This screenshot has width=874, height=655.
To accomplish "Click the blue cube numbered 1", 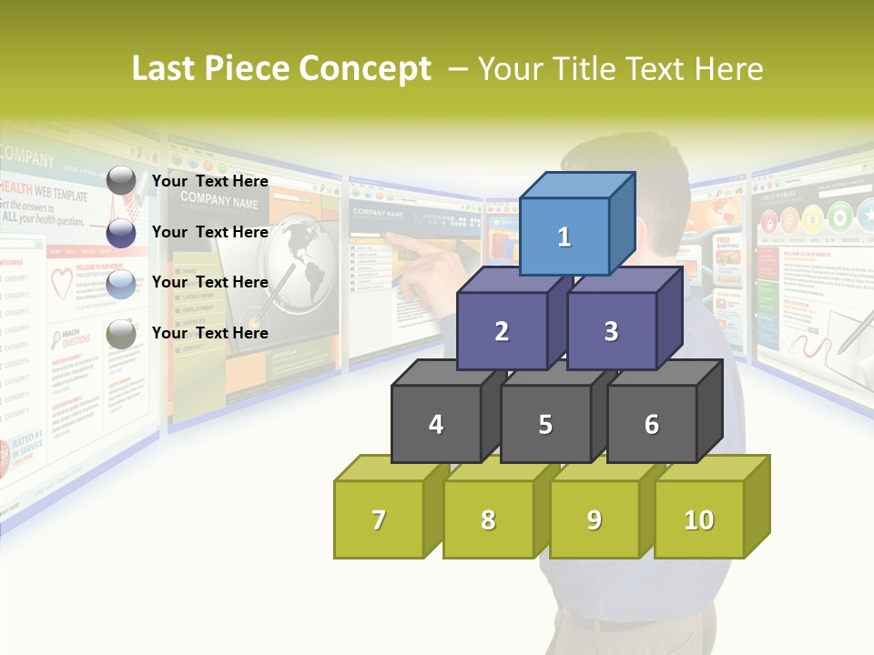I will pyautogui.click(x=564, y=237).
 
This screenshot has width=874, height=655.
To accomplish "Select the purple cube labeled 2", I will pyautogui.click(x=502, y=332).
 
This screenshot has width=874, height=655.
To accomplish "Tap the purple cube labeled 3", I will pyautogui.click(x=611, y=332).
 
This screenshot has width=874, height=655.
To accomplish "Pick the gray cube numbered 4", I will pyautogui.click(x=436, y=425).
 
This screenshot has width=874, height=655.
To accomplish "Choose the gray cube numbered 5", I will pyautogui.click(x=545, y=425).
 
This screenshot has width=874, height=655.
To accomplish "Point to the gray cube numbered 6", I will pyautogui.click(x=652, y=425).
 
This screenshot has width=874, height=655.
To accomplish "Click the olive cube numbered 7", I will pyautogui.click(x=379, y=520).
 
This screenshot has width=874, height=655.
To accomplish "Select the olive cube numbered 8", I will pyautogui.click(x=488, y=520).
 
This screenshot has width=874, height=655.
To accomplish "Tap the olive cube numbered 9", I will pyautogui.click(x=595, y=520).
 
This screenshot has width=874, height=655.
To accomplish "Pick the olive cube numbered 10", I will pyautogui.click(x=699, y=520).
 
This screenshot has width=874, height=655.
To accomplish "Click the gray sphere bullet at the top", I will pyautogui.click(x=121, y=181).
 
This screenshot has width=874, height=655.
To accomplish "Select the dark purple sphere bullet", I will pyautogui.click(x=121, y=233).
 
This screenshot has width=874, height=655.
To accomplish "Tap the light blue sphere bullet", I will pyautogui.click(x=121, y=284).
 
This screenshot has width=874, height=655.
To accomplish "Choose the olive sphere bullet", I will pyautogui.click(x=121, y=335).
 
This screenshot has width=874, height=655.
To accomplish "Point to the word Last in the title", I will pyautogui.click(x=166, y=69).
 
